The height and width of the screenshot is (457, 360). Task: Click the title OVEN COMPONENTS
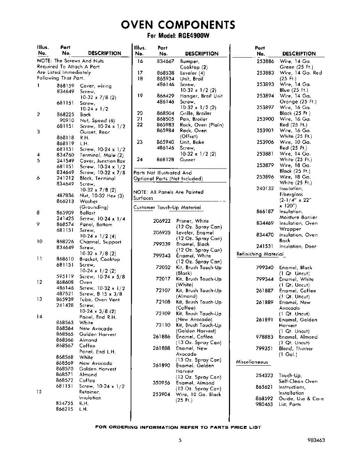(178, 25)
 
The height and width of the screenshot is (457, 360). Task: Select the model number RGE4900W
(195, 36)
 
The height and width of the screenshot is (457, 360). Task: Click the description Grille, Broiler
(196, 113)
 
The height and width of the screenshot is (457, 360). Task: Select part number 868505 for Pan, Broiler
(165, 119)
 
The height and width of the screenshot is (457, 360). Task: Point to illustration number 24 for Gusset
(140, 160)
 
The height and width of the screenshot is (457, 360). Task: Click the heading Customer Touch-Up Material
(167, 208)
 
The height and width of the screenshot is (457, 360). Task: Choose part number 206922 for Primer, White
(162, 221)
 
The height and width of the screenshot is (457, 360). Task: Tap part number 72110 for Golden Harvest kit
(163, 325)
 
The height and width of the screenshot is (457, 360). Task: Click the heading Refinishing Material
(261, 254)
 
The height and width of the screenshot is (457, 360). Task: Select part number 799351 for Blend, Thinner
(264, 348)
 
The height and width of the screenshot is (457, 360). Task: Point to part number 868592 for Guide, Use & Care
(264, 399)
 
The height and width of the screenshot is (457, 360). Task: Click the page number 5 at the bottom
(179, 440)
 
